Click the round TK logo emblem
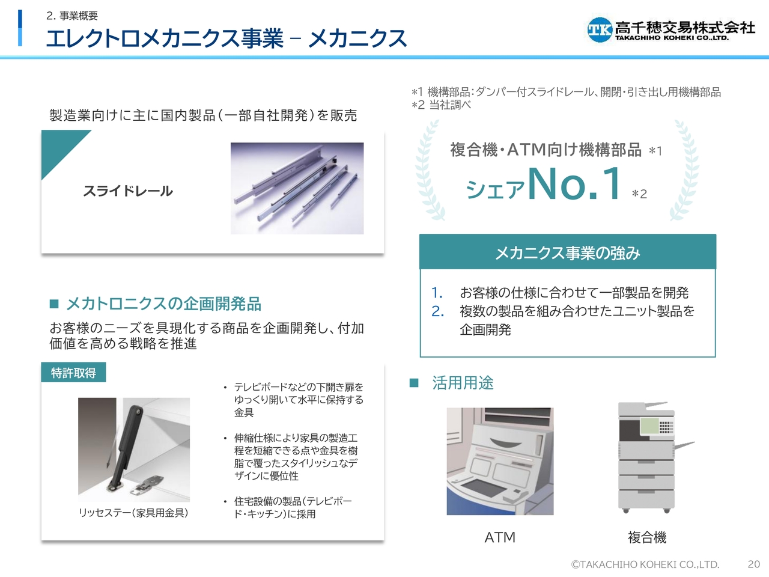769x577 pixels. tap(600, 29)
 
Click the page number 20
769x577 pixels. tap(753, 564)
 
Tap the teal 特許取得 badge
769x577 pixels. tap(73, 372)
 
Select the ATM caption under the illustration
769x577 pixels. tap(500, 537)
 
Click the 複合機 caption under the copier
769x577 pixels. tap(646, 537)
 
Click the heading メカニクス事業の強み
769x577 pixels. tap(568, 252)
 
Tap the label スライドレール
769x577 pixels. tap(128, 191)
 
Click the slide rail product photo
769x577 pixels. tap(297, 188)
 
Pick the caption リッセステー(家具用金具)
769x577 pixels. tap(133, 513)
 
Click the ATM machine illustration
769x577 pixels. tap(500, 461)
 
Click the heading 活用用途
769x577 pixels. tap(463, 383)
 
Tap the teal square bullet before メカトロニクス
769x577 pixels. tap(54, 304)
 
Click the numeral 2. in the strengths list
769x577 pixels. tap(437, 311)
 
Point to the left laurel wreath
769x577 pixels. tap(428, 171)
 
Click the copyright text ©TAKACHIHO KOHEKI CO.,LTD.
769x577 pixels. tap(645, 564)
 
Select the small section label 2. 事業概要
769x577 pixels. tap(72, 16)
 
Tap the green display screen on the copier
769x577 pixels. tap(649, 426)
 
